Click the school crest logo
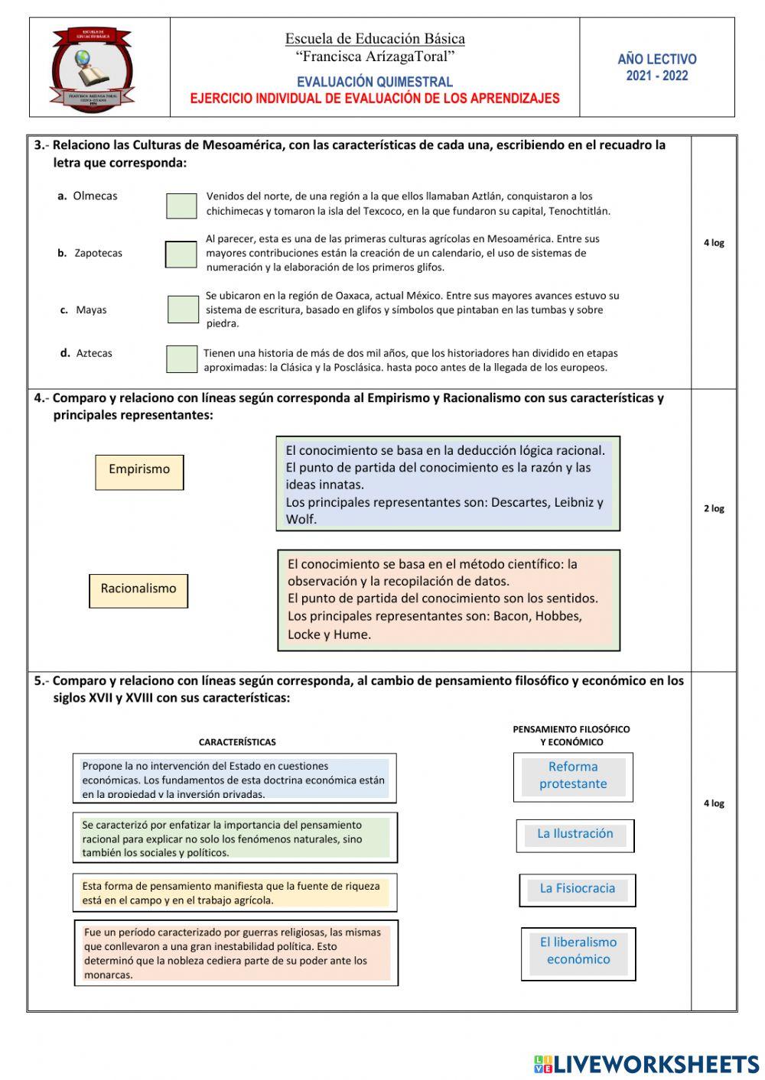(92, 69)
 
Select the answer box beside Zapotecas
(181, 255)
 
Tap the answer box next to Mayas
(183, 310)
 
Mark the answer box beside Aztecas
(181, 359)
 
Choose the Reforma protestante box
(573, 777)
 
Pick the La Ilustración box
(575, 835)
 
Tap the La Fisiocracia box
(578, 890)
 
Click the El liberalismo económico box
(578, 953)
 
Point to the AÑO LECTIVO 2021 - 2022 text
(657, 67)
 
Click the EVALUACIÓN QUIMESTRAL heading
(375, 82)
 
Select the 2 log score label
(714, 508)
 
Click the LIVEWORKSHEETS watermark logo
(646, 1064)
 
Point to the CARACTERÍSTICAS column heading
(237, 742)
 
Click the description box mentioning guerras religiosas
(236, 953)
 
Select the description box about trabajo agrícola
(235, 893)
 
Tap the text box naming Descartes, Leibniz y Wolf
(448, 484)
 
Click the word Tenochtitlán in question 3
(578, 211)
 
